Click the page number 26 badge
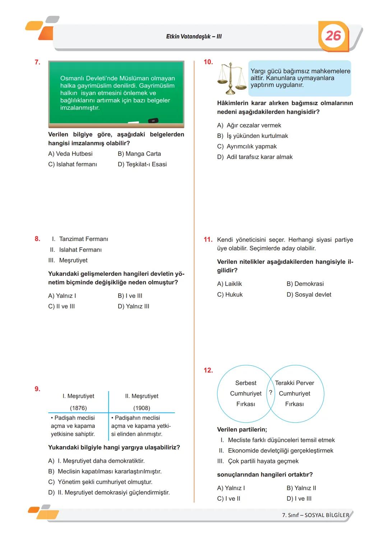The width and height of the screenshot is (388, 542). tap(333, 36)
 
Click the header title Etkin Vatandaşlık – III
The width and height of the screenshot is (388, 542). tap(194, 37)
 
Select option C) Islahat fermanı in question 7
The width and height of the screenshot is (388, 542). tap(73, 165)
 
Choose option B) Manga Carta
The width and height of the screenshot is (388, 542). tap(139, 154)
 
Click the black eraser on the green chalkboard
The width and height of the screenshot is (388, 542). tap(153, 121)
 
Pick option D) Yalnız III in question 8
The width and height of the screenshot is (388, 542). tap(133, 306)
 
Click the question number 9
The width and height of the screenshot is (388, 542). tap(37, 389)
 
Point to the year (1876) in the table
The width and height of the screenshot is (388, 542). tap(78, 408)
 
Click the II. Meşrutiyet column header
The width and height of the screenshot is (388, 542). tap(142, 396)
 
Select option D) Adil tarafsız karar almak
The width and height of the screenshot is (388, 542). tap(255, 157)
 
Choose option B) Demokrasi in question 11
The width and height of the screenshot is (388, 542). tap(305, 284)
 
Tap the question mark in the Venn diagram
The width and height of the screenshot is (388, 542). tap(271, 393)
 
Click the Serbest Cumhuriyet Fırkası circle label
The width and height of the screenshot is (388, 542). tap(246, 394)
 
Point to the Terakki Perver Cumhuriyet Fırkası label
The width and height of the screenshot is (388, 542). tap(295, 394)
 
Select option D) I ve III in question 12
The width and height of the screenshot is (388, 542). tap(299, 499)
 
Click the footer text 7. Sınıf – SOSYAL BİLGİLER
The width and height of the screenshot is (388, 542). tap(315, 515)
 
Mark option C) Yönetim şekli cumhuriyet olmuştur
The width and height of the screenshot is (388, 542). tap(100, 482)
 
